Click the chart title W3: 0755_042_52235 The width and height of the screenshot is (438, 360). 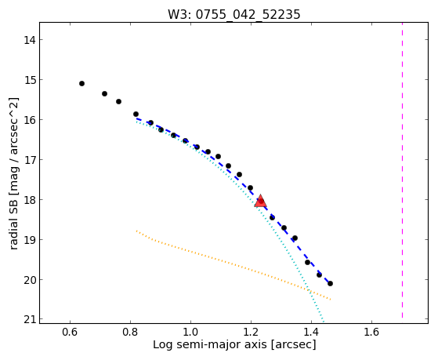point(233,14)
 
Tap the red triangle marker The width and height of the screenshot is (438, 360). point(261,201)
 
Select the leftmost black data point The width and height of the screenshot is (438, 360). point(81,83)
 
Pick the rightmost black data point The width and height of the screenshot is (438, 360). point(330,283)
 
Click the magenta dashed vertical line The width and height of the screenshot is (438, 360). point(402,170)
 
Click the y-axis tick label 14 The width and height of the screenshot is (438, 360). point(29,40)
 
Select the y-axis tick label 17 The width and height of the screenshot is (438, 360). point(29,160)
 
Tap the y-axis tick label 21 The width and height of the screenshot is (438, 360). point(29,319)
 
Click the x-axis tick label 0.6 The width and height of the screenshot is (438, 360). point(70,332)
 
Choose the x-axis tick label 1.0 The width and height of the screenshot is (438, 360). point(190,332)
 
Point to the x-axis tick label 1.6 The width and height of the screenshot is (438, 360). point(371,332)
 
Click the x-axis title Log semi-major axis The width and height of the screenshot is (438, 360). point(210,344)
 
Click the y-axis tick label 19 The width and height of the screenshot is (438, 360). point(29,240)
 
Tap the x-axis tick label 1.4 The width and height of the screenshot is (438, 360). point(311,332)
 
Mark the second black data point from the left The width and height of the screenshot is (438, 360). point(104,93)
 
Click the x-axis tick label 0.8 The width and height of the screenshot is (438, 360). point(130,332)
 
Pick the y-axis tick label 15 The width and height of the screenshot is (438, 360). point(29,80)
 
